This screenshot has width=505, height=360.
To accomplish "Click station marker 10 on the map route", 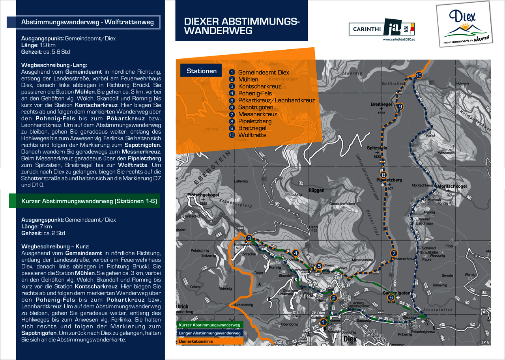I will pos(419,75).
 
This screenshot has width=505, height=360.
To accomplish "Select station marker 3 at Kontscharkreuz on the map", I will pos(249,238).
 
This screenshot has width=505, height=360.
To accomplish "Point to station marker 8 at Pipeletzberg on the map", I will pos(383,174).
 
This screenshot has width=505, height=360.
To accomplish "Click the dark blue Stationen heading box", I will pos(202,71).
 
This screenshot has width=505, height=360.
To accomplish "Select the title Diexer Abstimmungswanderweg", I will pos(241,26).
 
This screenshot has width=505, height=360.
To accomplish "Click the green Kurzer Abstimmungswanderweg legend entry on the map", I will pos(209,325).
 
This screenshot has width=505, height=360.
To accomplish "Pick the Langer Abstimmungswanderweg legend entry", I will pos(209,333).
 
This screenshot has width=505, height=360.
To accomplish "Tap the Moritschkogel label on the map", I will pos(452,186).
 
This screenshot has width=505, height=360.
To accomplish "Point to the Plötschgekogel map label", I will pos(204,195).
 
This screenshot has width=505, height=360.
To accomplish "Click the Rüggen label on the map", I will pos(316,190).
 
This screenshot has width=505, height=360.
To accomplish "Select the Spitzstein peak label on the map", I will pos(377,148).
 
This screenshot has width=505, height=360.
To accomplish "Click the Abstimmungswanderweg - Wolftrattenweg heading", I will pos(88,22).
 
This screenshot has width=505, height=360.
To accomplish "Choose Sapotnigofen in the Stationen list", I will pos(256,107).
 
